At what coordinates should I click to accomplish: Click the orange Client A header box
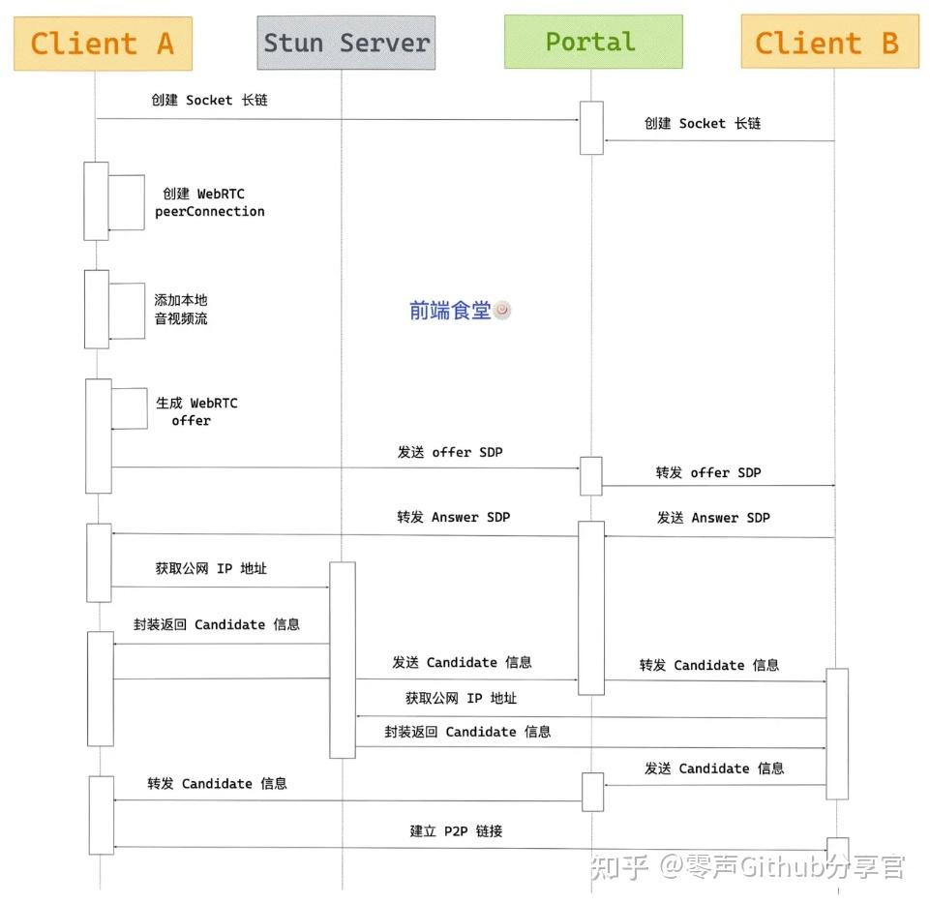pyautogui.click(x=103, y=44)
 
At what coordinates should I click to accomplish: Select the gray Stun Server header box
pyautogui.click(x=345, y=43)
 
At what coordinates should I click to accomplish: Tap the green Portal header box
pyautogui.click(x=592, y=42)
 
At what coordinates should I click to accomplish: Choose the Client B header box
pyautogui.click(x=828, y=43)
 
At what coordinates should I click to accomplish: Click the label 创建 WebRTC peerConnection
pyautogui.click(x=208, y=202)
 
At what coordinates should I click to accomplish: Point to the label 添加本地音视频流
pyautogui.click(x=181, y=309)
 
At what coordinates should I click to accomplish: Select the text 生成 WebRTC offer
pyautogui.click(x=196, y=411)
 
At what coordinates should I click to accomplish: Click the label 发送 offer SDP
pyautogui.click(x=450, y=452)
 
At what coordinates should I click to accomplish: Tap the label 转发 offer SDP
pyautogui.click(x=708, y=472)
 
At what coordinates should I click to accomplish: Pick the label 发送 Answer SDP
pyautogui.click(x=713, y=518)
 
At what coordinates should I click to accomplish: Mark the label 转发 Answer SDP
pyautogui.click(x=453, y=517)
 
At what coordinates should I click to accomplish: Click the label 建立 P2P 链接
pyautogui.click(x=456, y=830)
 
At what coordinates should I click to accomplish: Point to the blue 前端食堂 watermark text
pyautogui.click(x=450, y=310)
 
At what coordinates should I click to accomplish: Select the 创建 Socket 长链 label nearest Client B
pyautogui.click(x=703, y=123)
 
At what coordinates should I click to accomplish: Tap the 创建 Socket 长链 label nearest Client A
pyautogui.click(x=209, y=100)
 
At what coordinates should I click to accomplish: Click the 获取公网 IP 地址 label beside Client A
pyautogui.click(x=211, y=568)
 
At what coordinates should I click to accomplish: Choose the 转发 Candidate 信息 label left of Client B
pyautogui.click(x=709, y=665)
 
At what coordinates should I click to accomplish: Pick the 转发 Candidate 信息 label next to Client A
pyautogui.click(x=218, y=783)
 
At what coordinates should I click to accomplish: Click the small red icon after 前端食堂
pyautogui.click(x=502, y=310)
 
